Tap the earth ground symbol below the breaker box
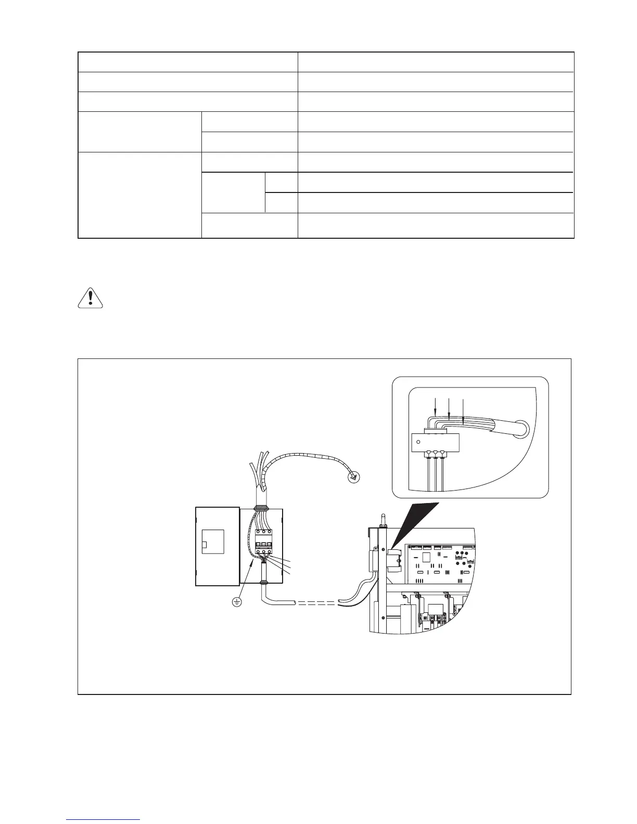pos(237,602)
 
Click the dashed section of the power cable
pos(317,603)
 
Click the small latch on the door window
pos(205,545)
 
